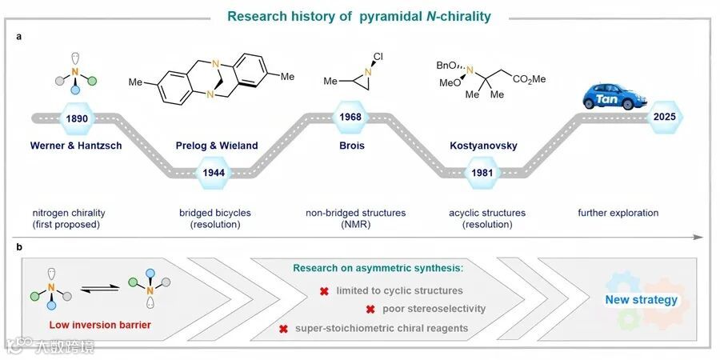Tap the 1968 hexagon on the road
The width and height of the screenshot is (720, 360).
click(350, 118)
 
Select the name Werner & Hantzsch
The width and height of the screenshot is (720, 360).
click(77, 146)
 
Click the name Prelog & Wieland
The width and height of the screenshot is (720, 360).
click(217, 146)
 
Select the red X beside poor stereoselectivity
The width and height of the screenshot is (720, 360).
click(370, 310)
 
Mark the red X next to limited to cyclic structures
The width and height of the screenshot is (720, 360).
click(324, 291)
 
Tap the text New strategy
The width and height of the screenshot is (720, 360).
click(641, 300)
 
